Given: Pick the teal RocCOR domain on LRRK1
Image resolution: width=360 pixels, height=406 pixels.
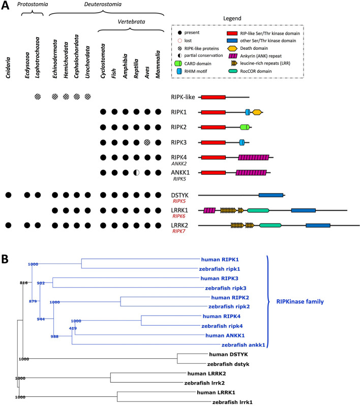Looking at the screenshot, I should tap(258, 210).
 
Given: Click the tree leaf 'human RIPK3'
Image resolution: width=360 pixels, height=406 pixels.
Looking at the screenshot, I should tap(218, 278).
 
